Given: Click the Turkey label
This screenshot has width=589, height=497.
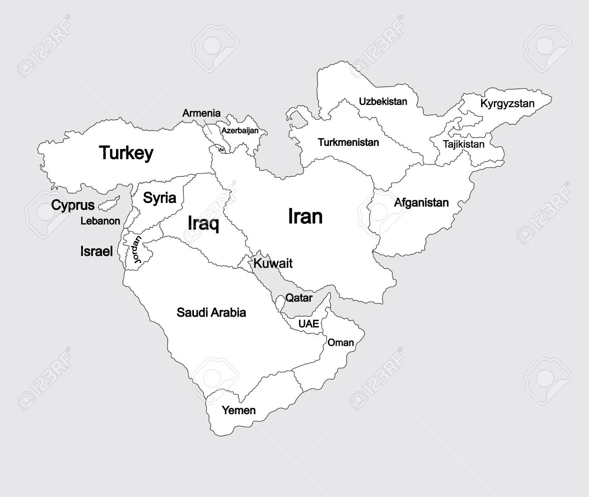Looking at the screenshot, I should (126, 153).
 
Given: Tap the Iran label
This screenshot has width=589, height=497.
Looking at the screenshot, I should (305, 217).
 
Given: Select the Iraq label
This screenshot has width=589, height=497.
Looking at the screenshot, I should (203, 223).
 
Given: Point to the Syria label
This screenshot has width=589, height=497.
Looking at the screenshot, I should (159, 198).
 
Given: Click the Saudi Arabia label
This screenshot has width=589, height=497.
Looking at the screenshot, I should (211, 312).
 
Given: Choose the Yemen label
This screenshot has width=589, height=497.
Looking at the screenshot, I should (238, 410).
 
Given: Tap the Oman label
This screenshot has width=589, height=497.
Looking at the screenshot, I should (340, 343).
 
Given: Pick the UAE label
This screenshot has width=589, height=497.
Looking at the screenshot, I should (308, 324).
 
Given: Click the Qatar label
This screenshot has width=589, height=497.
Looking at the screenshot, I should (299, 298).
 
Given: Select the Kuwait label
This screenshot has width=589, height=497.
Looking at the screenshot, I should (273, 263).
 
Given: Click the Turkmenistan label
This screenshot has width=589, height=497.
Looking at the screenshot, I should (348, 142).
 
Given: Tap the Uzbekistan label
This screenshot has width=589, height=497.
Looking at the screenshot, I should (383, 101).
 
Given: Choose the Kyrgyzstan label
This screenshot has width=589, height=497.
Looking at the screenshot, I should (507, 104).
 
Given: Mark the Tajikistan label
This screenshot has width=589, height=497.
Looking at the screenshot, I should (463, 145).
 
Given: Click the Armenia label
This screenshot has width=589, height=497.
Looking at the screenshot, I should (201, 113).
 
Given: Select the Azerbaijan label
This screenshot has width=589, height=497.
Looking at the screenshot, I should (240, 130).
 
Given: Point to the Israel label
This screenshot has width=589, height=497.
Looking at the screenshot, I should (97, 251).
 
